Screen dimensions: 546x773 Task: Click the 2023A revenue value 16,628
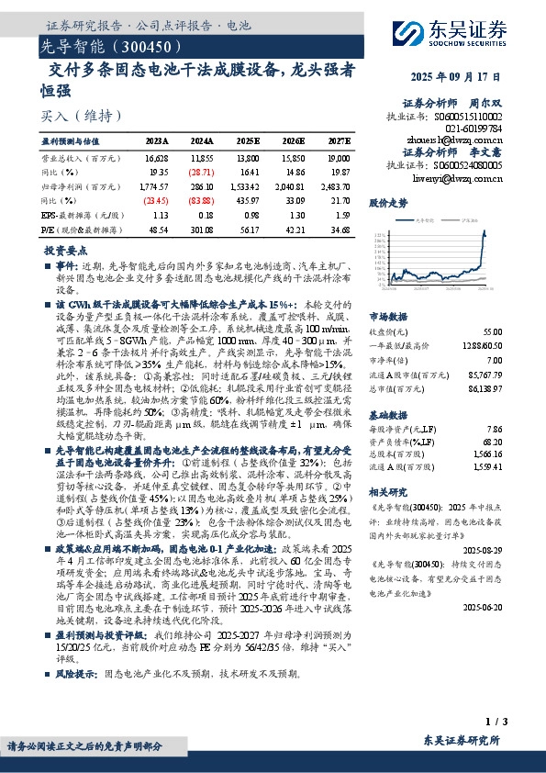click(156, 158)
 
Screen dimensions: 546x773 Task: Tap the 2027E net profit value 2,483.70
click(338, 185)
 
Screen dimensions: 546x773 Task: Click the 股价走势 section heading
click(386, 201)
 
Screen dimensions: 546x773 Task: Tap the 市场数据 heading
click(386, 315)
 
